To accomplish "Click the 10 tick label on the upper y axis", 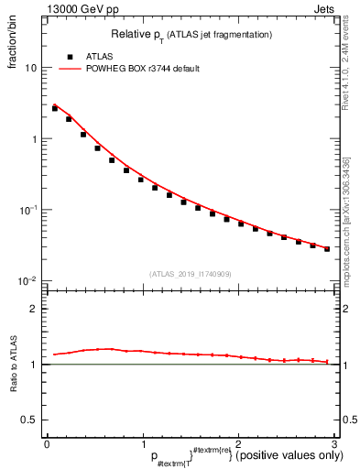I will coord(31,68).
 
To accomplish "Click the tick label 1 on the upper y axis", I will coord(35,139).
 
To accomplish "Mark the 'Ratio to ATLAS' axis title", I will coord(14,365).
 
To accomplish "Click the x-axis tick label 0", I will coord(47,444).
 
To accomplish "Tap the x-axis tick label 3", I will coord(334,444).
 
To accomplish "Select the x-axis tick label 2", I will coord(238,444).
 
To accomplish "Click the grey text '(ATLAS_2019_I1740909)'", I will coord(191,274).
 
